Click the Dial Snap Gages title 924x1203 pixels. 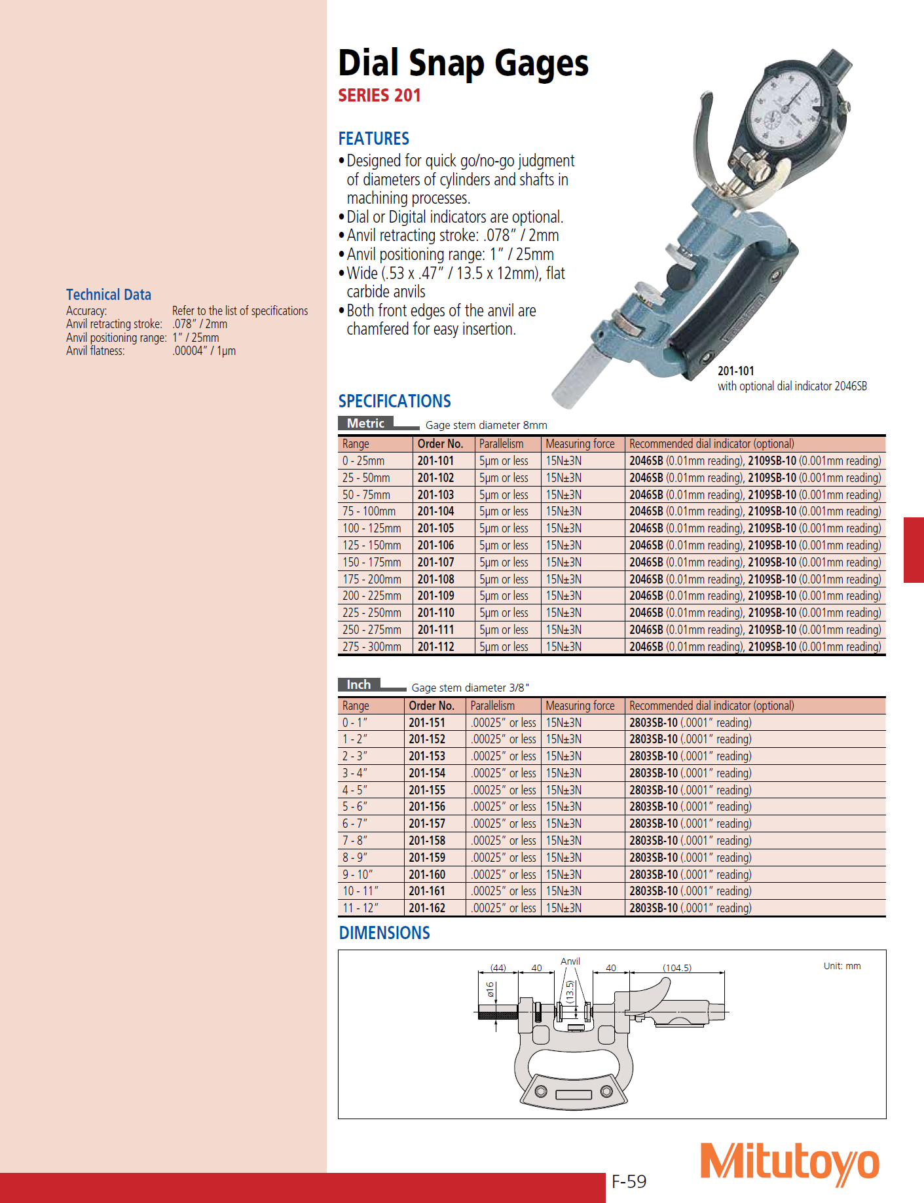click(x=463, y=64)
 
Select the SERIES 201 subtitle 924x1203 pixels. click(x=379, y=96)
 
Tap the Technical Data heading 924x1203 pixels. click(x=109, y=295)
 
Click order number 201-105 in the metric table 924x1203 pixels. click(x=435, y=528)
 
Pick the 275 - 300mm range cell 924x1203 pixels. click(x=371, y=646)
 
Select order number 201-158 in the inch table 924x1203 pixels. click(x=427, y=840)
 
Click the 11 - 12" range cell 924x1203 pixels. click(x=360, y=908)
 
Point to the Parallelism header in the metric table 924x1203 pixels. click(x=501, y=443)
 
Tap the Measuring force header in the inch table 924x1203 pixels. click(x=580, y=705)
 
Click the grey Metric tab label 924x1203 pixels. click(x=365, y=424)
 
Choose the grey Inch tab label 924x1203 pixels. click(x=358, y=684)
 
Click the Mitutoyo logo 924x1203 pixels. click(x=789, y=1164)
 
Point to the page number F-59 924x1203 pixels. click(x=629, y=1181)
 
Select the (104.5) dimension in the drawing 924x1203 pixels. click(x=676, y=967)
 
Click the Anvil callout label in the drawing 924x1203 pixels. click(x=570, y=961)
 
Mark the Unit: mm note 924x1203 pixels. click(x=841, y=966)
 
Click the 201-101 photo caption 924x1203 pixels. click(x=735, y=371)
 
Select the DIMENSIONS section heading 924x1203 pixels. click(x=384, y=933)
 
